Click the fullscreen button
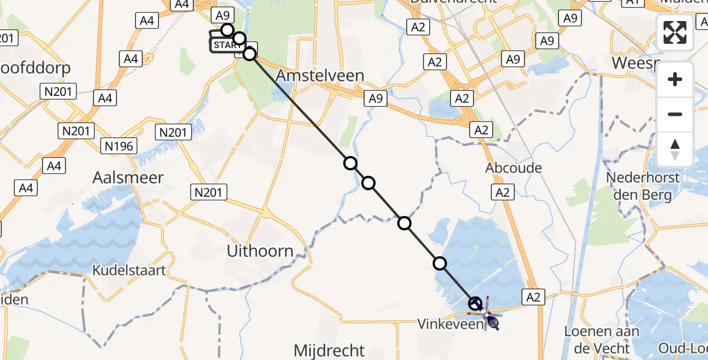675,32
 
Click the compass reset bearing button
675,149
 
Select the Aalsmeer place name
129,178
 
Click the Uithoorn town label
260,251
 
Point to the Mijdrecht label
329,350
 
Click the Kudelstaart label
129,270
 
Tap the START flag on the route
226,45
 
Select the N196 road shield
120,145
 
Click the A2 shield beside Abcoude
503,192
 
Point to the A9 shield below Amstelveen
375,99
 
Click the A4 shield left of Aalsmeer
26,188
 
